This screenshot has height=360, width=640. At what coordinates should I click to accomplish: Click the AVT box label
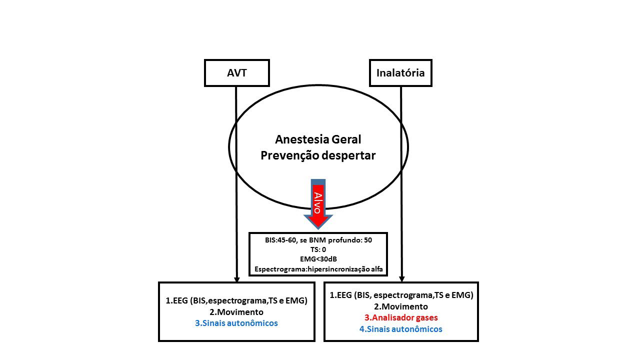pos(237,73)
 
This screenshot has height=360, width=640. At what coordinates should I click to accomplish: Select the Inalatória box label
pos(400,73)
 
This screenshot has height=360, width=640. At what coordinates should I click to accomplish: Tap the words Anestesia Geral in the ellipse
pos(318,139)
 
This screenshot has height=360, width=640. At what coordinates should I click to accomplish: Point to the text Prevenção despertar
pos(318,155)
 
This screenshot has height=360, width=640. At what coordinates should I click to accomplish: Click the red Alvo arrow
pos(318,204)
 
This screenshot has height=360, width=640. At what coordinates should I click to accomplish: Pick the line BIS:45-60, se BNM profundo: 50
pos(318,240)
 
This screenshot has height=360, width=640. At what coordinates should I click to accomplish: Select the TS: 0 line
pos(318,249)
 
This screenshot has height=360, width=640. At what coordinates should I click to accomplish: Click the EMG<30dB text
pos(318,259)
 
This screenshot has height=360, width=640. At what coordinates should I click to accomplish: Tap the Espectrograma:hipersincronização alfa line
pos(318,269)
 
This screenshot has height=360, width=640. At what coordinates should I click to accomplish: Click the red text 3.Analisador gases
pos(401,317)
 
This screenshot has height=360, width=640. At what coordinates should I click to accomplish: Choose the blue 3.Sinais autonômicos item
pos(236,323)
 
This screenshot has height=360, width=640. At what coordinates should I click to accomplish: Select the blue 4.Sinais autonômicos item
pos(401,329)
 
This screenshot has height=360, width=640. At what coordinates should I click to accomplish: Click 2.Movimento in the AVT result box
pos(236,311)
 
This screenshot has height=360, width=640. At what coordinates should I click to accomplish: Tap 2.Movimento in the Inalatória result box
pos(401,306)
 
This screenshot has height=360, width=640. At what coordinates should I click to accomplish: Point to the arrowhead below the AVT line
pos(236,279)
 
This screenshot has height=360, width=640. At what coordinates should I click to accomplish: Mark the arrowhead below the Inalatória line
pos(401,279)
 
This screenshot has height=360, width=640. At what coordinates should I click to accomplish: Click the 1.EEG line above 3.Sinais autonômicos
pos(236,300)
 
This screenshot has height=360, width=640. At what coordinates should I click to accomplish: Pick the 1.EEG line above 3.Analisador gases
pos(401,295)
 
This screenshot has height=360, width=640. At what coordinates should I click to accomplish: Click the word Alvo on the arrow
pos(317,203)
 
